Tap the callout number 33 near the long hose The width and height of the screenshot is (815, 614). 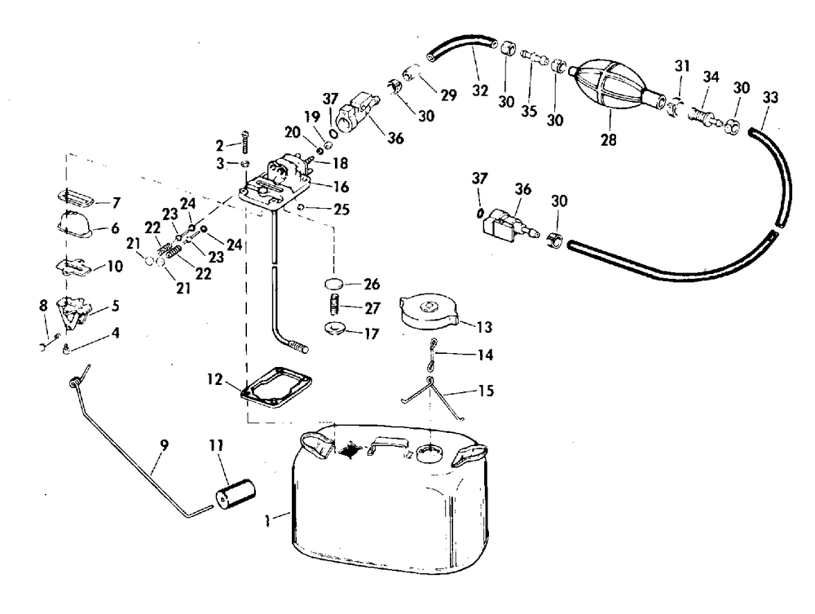pyautogui.click(x=771, y=98)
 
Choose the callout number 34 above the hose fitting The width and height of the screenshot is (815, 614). pyautogui.click(x=711, y=77)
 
